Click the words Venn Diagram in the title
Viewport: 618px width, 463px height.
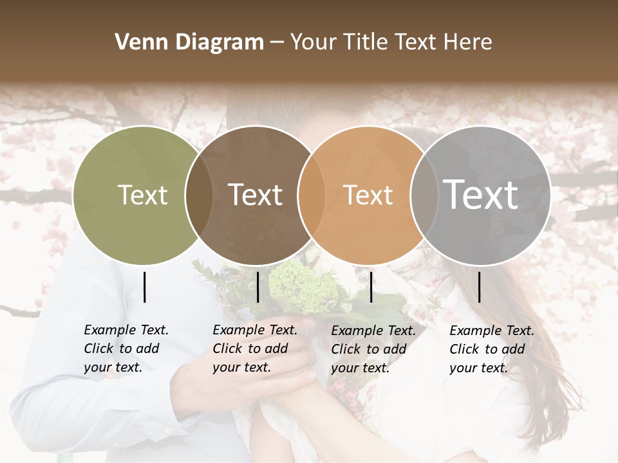pyautogui.click(x=189, y=42)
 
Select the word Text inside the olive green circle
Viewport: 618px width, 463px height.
pyautogui.click(x=142, y=195)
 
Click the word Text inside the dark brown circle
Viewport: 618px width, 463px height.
pyautogui.click(x=255, y=195)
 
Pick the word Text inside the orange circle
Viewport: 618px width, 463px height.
pyautogui.click(x=368, y=195)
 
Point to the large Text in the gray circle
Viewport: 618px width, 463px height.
pyautogui.click(x=480, y=194)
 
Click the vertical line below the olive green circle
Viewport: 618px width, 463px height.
pyautogui.click(x=144, y=287)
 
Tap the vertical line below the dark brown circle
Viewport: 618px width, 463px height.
pyautogui.click(x=257, y=287)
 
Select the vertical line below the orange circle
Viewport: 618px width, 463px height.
pyautogui.click(x=371, y=287)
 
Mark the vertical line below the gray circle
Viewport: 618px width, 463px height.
pyautogui.click(x=480, y=287)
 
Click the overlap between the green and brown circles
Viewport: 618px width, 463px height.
pyautogui.click(x=199, y=195)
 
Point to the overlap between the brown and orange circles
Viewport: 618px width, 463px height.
pyautogui.click(x=311, y=195)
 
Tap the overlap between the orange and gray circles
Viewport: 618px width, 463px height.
pyautogui.click(x=423, y=195)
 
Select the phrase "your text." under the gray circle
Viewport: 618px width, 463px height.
pyautogui.click(x=478, y=368)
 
